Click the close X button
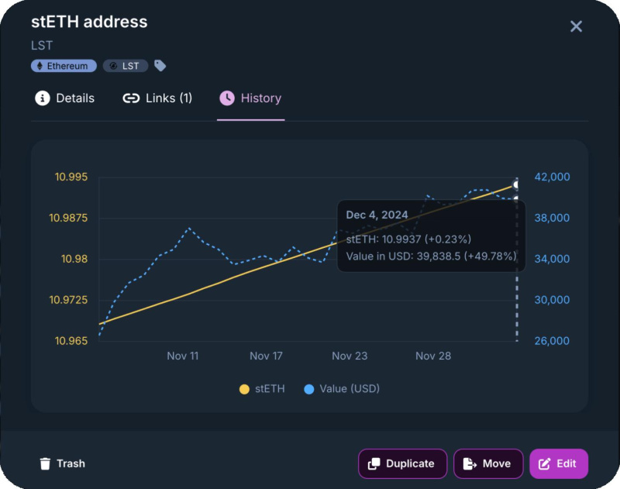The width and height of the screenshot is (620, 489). tap(576, 26)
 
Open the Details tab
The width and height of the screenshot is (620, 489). tap(65, 98)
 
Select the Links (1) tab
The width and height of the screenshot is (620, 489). tap(157, 98)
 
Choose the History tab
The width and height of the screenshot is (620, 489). tap(250, 98)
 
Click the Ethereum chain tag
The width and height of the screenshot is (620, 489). tap(64, 66)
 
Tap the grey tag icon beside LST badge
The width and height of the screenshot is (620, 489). tap(160, 66)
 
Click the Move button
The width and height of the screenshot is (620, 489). tap(487, 463)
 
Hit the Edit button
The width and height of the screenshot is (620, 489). tap(558, 463)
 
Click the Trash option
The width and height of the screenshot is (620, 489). tap(62, 463)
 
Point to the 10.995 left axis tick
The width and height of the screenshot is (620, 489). tap(71, 177)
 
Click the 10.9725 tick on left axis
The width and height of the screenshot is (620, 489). tap(68, 300)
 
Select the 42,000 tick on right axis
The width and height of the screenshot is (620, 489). tap(553, 177)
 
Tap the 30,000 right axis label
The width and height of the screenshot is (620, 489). tap(553, 300)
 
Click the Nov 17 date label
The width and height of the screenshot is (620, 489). tap(266, 356)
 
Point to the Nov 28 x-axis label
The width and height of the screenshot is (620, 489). tap(433, 356)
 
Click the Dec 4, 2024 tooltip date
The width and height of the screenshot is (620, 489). tap(377, 215)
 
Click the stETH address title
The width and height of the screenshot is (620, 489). tap(89, 22)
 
